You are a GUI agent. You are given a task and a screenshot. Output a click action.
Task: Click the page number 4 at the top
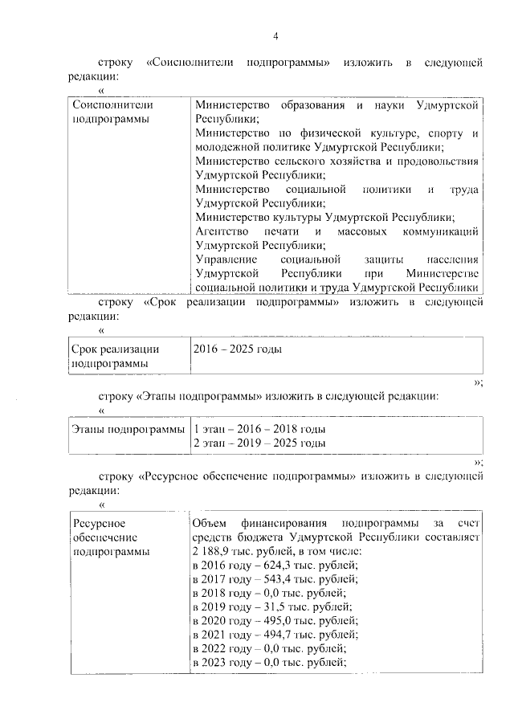tap(275, 36)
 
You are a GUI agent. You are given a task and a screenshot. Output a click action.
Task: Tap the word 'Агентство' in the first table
tap(218, 231)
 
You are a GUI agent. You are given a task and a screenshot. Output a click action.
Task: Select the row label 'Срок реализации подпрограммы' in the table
tap(116, 356)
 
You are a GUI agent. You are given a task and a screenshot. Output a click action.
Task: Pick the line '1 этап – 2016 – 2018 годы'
tap(259, 429)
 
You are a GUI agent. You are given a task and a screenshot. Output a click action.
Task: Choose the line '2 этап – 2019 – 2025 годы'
tap(259, 443)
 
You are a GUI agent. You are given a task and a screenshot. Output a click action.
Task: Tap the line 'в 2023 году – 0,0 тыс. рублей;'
tap(269, 662)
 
